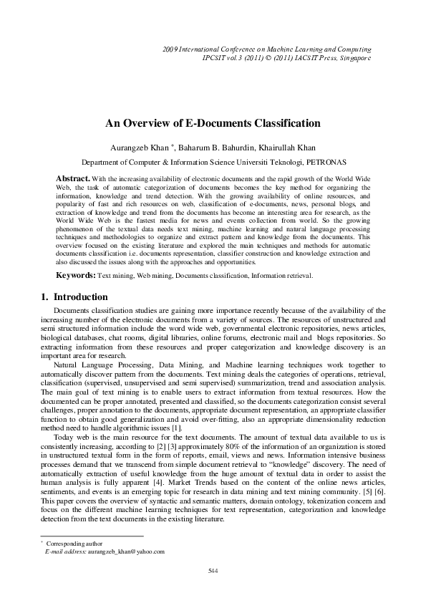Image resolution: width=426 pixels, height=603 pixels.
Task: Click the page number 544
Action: point(213,569)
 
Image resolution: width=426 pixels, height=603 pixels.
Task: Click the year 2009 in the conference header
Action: point(171,48)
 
